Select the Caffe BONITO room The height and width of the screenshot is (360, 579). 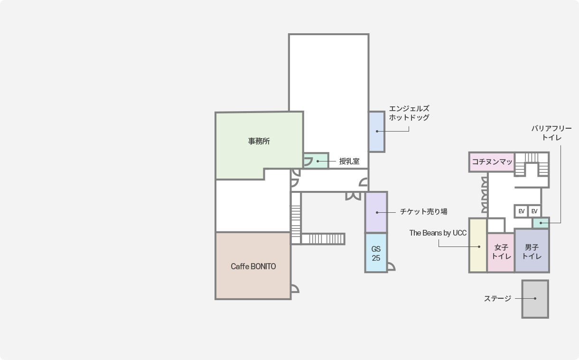pos(253,266)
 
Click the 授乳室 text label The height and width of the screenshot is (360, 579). pos(349,161)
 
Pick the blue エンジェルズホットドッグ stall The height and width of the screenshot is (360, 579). pos(377,132)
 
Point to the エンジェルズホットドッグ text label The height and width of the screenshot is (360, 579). pos(409,113)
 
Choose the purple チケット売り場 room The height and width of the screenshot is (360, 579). pos(376,212)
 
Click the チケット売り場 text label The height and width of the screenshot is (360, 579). pos(423,211)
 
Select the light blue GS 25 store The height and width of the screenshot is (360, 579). pos(376,253)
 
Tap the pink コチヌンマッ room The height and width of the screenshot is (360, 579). pos(492,162)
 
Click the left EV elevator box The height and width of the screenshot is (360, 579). pos(522,211)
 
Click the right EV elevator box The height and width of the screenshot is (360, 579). pos(534,211)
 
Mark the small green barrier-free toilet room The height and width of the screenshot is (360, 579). pos(541,222)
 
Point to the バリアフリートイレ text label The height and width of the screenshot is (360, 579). pos(551,133)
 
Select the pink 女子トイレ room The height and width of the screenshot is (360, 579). pos(501,252)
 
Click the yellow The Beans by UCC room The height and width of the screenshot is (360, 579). pos(478,246)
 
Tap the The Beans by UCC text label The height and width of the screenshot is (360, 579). pos(438,233)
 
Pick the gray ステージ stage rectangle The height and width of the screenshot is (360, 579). pos(535,299)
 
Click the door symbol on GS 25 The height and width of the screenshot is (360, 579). pos(391,266)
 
